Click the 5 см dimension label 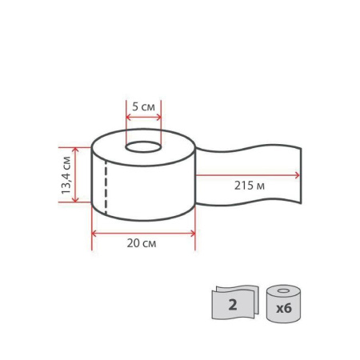coord(143,107)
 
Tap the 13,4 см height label coord(66,175)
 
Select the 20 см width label coord(142,243)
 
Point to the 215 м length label coord(250,186)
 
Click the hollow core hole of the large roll coord(143,147)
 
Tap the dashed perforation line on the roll coord(106,187)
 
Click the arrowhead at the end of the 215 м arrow coord(297,175)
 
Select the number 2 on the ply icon coord(233,305)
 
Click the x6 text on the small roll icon coord(284,308)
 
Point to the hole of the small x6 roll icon coord(283,290)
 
